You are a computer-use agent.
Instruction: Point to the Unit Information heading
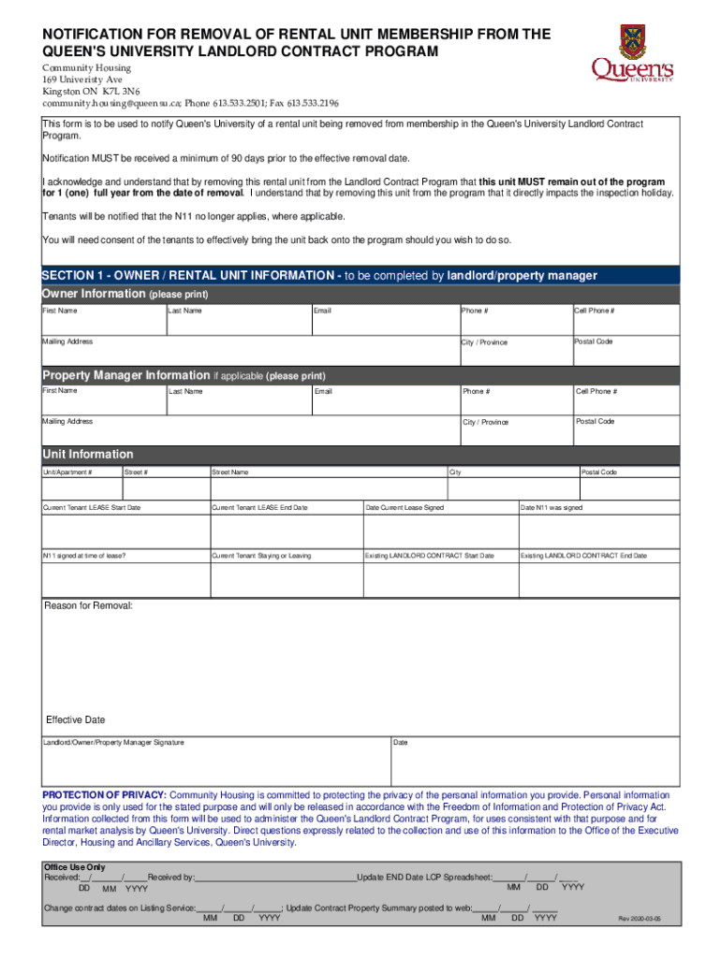(x=88, y=454)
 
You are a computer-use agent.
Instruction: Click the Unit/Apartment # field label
(x=67, y=472)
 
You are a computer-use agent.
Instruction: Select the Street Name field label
(x=230, y=472)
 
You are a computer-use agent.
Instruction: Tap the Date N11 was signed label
(x=552, y=508)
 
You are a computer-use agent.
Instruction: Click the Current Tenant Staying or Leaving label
(x=261, y=556)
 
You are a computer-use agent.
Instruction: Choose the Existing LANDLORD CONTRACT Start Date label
(x=429, y=556)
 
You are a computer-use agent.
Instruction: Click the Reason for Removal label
(x=89, y=606)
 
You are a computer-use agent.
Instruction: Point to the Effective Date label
(x=76, y=720)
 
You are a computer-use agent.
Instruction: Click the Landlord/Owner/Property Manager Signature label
(x=113, y=743)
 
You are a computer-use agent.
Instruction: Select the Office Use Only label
(x=75, y=867)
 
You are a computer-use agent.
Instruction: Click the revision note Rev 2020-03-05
(x=639, y=920)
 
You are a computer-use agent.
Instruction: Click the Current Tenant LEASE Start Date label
(x=92, y=508)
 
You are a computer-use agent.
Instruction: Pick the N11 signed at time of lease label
(x=84, y=556)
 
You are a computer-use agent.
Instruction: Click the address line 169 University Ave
(x=82, y=80)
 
